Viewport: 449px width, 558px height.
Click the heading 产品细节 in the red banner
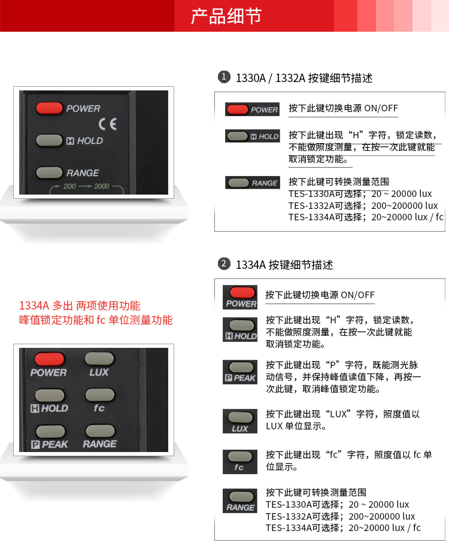[226, 16]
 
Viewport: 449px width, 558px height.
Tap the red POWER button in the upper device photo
[50, 108]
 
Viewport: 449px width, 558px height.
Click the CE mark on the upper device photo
[107, 124]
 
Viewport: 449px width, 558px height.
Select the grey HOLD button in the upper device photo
[49, 140]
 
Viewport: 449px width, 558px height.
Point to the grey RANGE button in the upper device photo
[49, 172]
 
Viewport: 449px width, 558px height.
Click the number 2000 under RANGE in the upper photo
[101, 186]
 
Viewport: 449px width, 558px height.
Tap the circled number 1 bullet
[224, 77]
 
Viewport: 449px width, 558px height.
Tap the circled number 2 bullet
[224, 263]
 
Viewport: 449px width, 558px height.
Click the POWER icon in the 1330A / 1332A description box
[252, 109]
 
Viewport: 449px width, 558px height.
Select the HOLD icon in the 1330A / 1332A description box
[252, 136]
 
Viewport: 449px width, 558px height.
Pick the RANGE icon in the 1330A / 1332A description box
[252, 183]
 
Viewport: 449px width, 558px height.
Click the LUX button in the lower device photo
[99, 359]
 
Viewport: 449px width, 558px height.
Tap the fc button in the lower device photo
[99, 395]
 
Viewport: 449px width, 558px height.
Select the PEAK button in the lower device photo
[50, 431]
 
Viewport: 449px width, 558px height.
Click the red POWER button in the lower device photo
[50, 359]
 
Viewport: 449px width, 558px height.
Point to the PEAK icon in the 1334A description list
[240, 372]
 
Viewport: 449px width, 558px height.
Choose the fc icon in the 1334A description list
[240, 462]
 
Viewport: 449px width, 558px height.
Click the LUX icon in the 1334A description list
[240, 421]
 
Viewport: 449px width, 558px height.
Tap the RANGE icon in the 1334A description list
[240, 501]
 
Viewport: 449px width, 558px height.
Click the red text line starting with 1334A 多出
[80, 305]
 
